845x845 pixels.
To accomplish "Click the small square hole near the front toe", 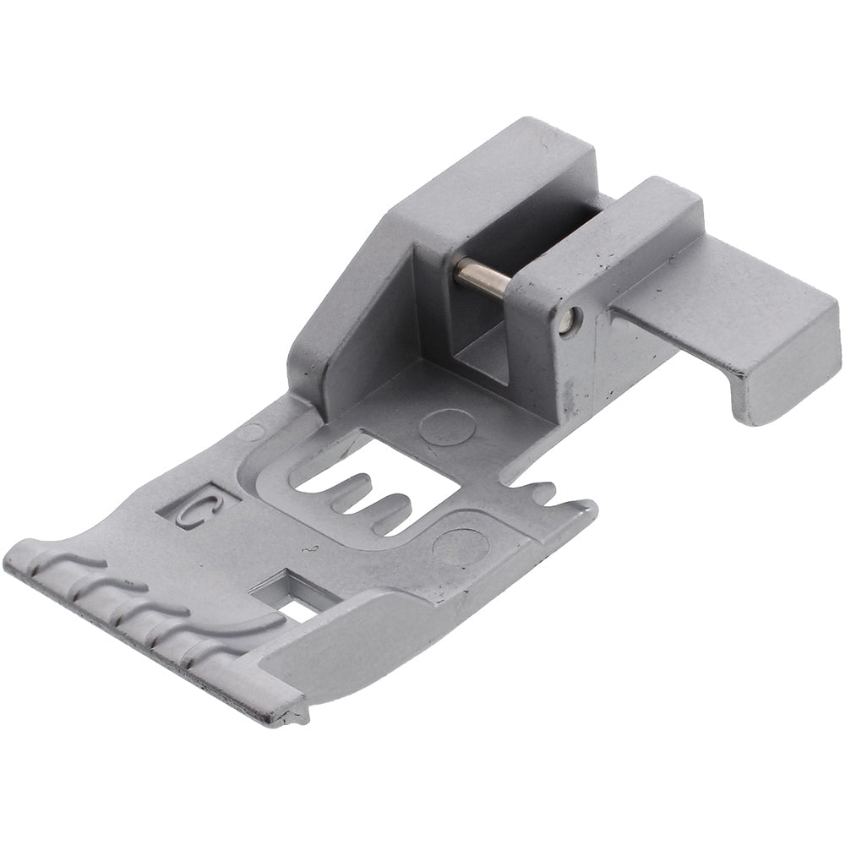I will point(294,592).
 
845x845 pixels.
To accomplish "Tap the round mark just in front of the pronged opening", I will point(461,545).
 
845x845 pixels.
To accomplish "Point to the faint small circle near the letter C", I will point(250,432).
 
